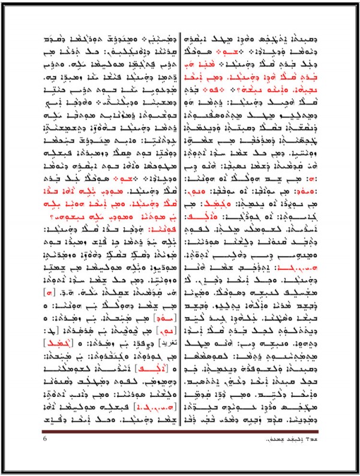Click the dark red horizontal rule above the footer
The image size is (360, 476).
point(180,432)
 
